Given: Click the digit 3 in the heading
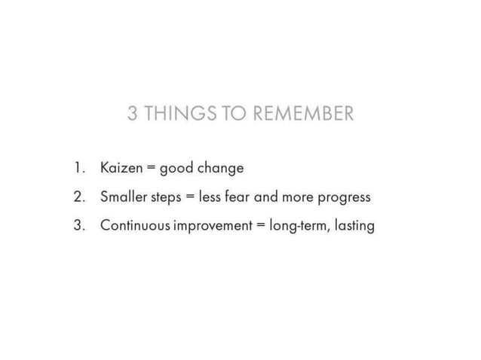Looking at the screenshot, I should click(x=133, y=114).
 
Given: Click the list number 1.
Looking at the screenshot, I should click(x=78, y=168).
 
